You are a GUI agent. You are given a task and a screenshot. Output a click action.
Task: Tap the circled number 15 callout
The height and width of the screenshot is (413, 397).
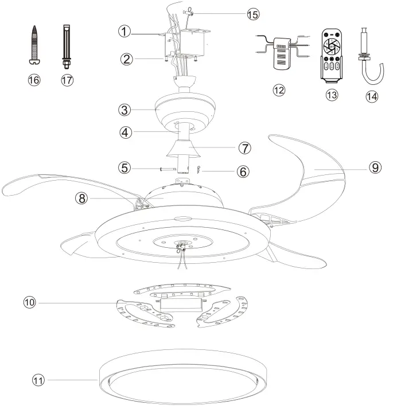252,14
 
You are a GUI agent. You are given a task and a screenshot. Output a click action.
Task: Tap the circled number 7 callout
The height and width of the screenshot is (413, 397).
246,148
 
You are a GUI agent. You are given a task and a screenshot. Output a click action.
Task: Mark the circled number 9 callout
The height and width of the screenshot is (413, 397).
373,167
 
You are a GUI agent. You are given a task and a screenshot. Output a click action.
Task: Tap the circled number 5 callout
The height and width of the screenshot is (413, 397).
124,168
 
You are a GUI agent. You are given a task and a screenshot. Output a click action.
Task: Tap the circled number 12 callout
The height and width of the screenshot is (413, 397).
279,91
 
